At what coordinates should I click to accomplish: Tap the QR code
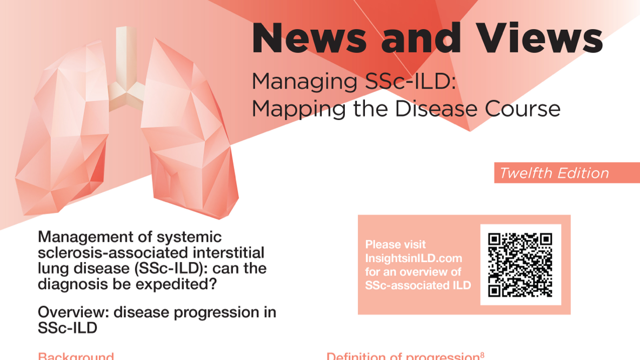(x=520, y=265)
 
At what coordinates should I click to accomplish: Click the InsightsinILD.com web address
(x=414, y=258)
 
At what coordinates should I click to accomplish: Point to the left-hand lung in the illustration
(x=65, y=135)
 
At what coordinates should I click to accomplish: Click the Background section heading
(x=76, y=356)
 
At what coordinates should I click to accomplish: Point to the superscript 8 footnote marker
(x=482, y=354)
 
